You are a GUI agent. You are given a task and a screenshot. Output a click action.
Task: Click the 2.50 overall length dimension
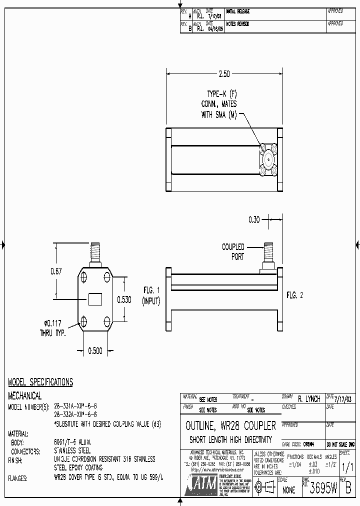[x=224, y=73]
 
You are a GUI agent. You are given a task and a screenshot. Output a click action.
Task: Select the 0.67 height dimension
[x=56, y=271]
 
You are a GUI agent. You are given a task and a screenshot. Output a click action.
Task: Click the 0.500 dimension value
[x=94, y=351]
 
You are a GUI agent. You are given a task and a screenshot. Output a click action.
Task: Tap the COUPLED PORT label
[x=233, y=251]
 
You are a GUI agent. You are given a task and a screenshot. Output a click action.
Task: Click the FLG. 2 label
[x=295, y=295]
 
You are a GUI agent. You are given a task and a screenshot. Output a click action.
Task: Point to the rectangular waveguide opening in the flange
[x=94, y=299]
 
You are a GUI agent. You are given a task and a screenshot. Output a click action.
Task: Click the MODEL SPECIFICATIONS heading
[x=40, y=382]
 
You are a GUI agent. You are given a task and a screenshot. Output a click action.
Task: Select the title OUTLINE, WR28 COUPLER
[x=230, y=426]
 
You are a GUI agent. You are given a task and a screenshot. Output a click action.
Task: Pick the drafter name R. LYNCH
[x=308, y=399]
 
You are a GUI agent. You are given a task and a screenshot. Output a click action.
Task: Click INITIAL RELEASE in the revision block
[x=238, y=11]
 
